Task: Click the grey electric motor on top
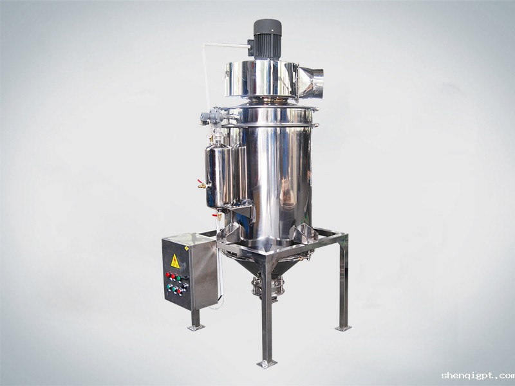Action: pyautogui.click(x=267, y=40)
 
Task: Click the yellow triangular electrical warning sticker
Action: pyautogui.click(x=175, y=261)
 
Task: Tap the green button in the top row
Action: pyautogui.click(x=178, y=279)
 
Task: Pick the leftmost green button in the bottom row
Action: pyautogui.click(x=169, y=286)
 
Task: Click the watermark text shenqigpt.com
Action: pyautogui.click(x=478, y=375)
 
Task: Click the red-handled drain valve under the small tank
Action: pyautogui.click(x=217, y=216)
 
